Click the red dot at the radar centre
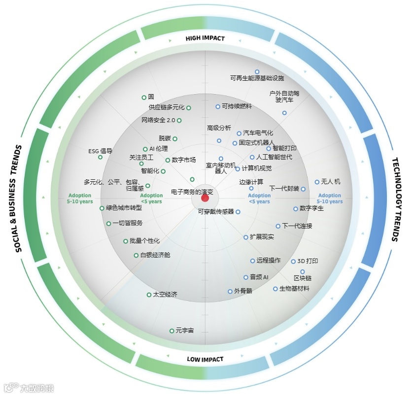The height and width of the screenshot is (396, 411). click(x=205, y=198)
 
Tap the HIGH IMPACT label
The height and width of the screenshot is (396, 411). click(x=205, y=38)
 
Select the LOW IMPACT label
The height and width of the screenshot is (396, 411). click(x=205, y=359)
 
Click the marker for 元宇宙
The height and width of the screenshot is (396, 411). click(x=171, y=330)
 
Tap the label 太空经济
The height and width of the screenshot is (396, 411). click(x=165, y=295)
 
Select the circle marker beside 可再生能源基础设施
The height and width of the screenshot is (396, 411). click(x=257, y=72)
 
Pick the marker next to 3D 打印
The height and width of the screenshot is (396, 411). click(x=293, y=261)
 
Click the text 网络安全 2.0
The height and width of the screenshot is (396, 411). click(x=158, y=120)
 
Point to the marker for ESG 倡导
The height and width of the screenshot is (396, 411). click(x=100, y=157)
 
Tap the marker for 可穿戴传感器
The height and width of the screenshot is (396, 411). click(x=238, y=212)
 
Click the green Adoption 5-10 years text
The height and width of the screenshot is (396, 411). click(x=80, y=198)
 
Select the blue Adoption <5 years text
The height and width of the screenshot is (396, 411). click(x=259, y=198)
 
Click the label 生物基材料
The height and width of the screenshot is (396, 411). click(x=294, y=289)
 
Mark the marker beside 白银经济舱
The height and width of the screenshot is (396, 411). click(x=136, y=255)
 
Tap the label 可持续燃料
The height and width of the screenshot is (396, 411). click(x=237, y=106)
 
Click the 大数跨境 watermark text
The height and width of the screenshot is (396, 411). click(x=36, y=388)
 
